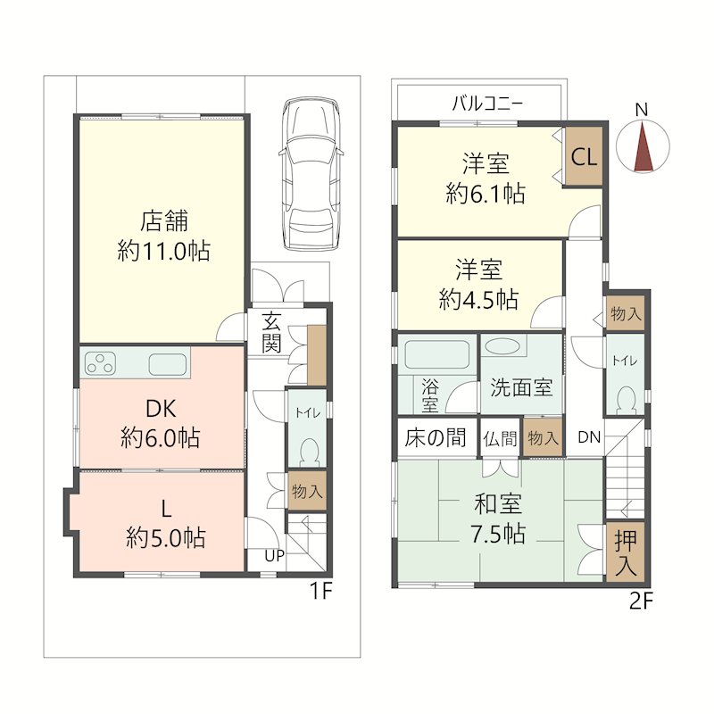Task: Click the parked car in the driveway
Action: [x=311, y=173]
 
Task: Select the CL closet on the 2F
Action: [x=584, y=156]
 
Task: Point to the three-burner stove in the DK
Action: [x=100, y=364]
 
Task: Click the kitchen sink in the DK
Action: [x=168, y=364]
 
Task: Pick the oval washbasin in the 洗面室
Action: [x=502, y=346]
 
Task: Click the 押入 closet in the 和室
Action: [x=626, y=552]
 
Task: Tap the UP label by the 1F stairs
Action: [x=275, y=555]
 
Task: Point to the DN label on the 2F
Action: [x=589, y=437]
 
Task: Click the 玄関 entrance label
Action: [x=271, y=333]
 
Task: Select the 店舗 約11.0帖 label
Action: [x=164, y=236]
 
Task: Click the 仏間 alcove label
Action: [x=501, y=438]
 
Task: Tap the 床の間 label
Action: [x=436, y=437]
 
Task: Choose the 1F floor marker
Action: [x=321, y=592]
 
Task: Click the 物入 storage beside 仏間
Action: [x=543, y=437]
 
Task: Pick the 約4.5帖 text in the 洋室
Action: [x=478, y=300]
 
